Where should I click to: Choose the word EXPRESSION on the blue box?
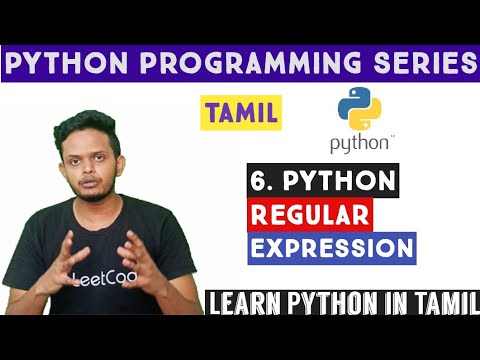(329, 247)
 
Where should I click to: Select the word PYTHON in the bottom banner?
(334, 300)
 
